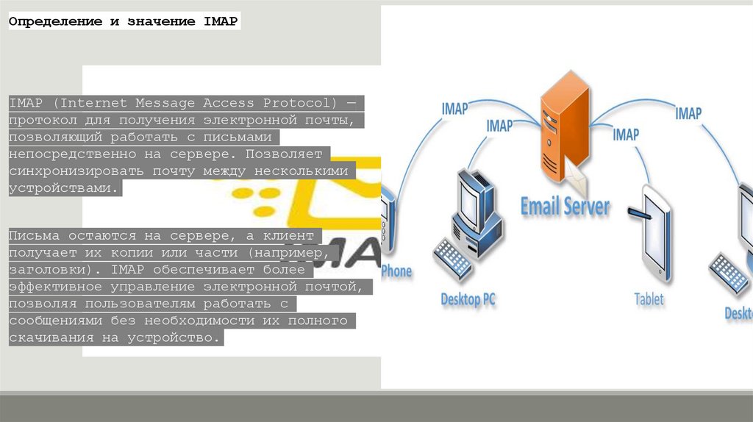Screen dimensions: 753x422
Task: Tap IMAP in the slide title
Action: tap(220, 21)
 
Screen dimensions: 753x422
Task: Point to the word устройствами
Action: tap(63, 187)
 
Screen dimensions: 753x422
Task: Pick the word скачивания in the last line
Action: tap(51, 337)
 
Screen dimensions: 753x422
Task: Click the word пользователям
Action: tap(166, 303)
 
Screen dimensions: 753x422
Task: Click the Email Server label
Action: tap(565, 207)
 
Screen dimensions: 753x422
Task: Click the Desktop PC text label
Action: tap(468, 299)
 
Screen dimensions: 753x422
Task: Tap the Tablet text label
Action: tap(649, 299)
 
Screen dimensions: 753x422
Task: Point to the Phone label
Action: tap(396, 271)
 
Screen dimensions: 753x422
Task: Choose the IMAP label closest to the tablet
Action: tap(626, 135)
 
